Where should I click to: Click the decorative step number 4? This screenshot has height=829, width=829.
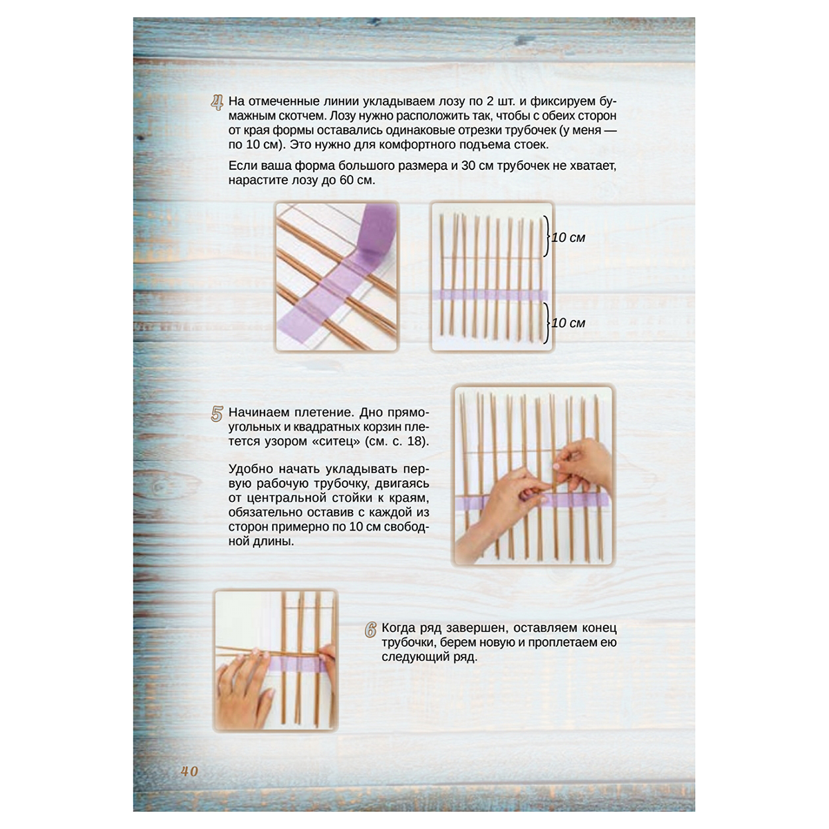click(x=218, y=103)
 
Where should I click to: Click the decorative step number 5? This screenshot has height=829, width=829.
click(x=217, y=414)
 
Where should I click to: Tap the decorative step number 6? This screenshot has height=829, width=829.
click(x=370, y=630)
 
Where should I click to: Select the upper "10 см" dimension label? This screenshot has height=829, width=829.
click(x=569, y=238)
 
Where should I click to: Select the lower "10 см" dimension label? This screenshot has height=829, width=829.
click(x=569, y=323)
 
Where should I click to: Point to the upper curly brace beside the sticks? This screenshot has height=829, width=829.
click(x=546, y=236)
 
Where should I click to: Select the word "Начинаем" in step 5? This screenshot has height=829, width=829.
click(x=258, y=412)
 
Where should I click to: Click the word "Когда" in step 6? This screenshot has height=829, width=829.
click(x=397, y=629)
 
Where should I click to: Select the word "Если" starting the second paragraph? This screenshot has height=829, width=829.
click(x=241, y=166)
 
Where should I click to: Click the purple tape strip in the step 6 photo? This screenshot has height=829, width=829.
click(x=297, y=665)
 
